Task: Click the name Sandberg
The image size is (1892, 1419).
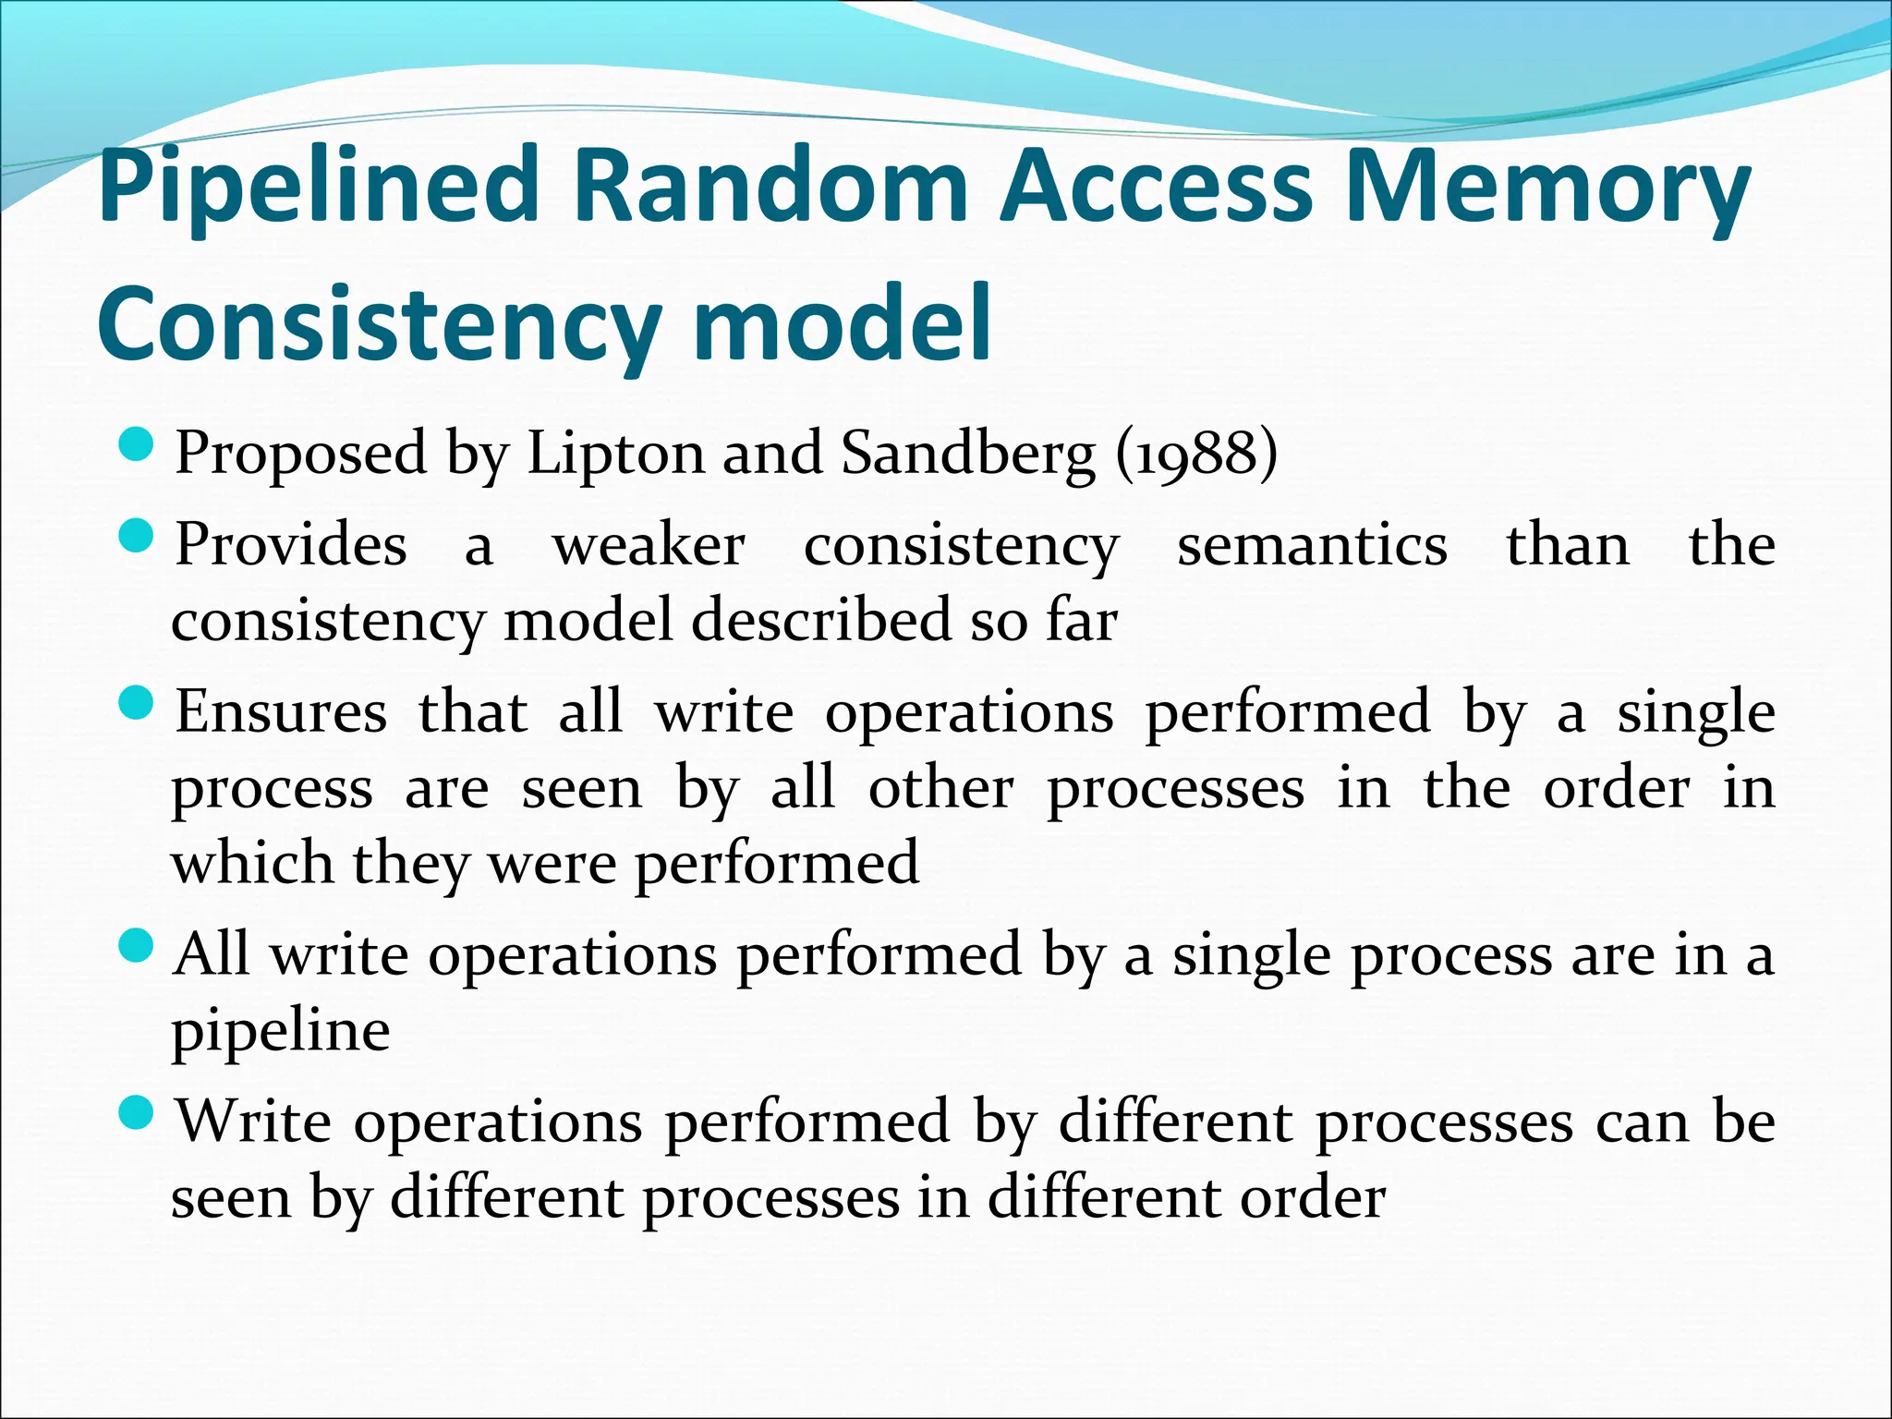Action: [x=968, y=455]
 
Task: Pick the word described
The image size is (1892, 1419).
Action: [x=820, y=620]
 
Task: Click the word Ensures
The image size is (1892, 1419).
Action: [x=282, y=712]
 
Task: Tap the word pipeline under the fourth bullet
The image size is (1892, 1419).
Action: [x=281, y=1031]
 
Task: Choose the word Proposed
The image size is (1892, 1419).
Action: [x=301, y=455]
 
